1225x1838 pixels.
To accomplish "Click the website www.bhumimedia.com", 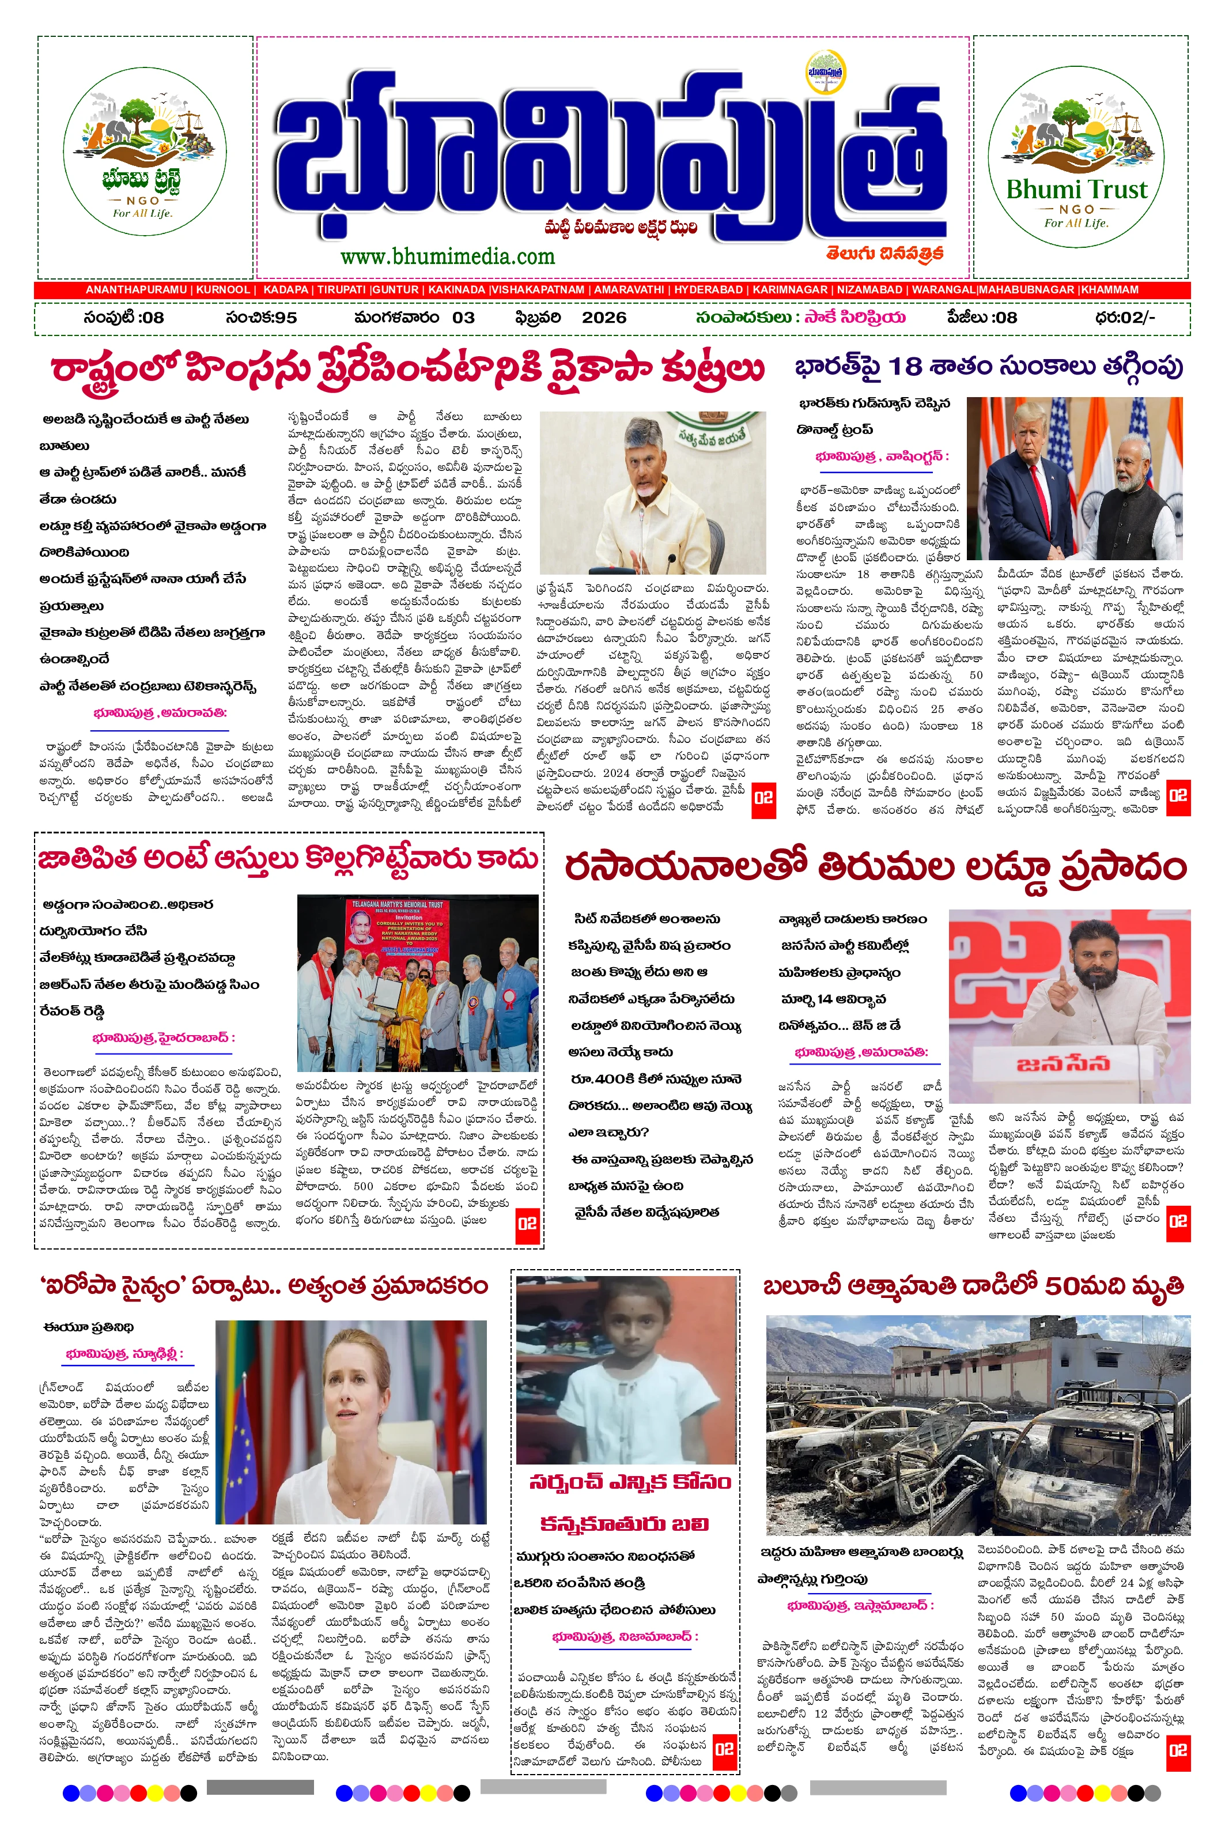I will point(447,256).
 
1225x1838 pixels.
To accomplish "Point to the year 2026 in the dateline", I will point(604,317).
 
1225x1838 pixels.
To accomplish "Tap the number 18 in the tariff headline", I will point(905,366).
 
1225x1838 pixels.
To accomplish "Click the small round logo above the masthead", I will point(827,72).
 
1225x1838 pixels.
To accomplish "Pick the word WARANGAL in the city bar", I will point(943,289).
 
